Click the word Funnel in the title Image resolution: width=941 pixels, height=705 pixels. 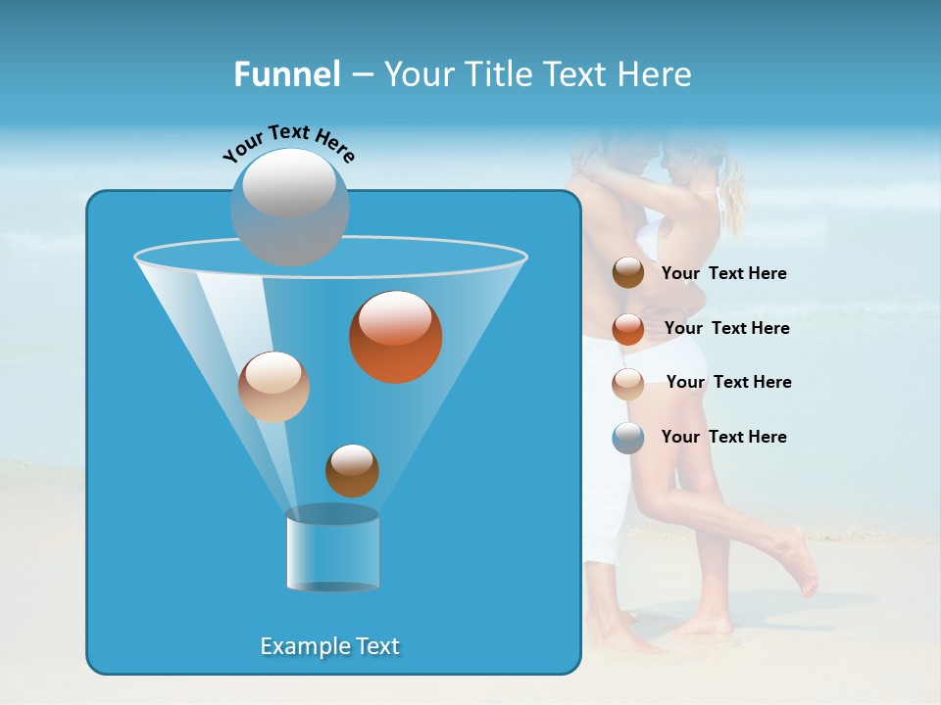click(286, 74)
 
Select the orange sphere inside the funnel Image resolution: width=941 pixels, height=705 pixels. click(395, 336)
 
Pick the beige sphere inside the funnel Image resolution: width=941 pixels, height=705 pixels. click(273, 387)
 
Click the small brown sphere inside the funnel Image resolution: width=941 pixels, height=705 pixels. click(352, 470)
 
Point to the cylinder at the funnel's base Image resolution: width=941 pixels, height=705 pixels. click(332, 550)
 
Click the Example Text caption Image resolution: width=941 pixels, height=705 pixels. click(329, 646)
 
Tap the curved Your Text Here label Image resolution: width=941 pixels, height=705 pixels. click(289, 143)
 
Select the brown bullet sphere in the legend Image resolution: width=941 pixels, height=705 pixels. click(628, 273)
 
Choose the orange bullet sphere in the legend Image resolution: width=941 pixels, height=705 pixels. click(628, 329)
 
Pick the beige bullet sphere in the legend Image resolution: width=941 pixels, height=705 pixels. click(628, 383)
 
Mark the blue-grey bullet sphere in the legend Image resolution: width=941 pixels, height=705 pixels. click(628, 438)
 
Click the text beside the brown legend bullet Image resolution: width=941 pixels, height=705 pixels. click(723, 274)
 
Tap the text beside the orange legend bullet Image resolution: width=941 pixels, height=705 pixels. click(726, 328)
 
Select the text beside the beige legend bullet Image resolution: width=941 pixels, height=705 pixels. click(728, 382)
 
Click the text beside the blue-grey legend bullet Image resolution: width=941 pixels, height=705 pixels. click(723, 437)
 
